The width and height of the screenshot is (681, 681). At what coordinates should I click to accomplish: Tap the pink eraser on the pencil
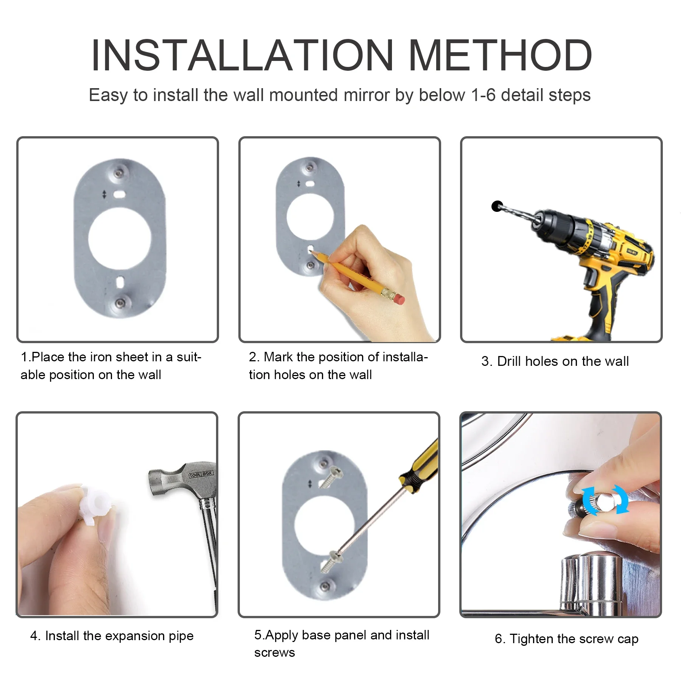pyautogui.click(x=399, y=299)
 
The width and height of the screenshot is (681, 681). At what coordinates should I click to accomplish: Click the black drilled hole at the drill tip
pyautogui.click(x=497, y=206)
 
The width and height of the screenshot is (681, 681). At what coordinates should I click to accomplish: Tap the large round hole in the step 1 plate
pyautogui.click(x=120, y=239)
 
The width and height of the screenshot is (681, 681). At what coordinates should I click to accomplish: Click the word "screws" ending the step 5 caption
pyautogui.click(x=275, y=653)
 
